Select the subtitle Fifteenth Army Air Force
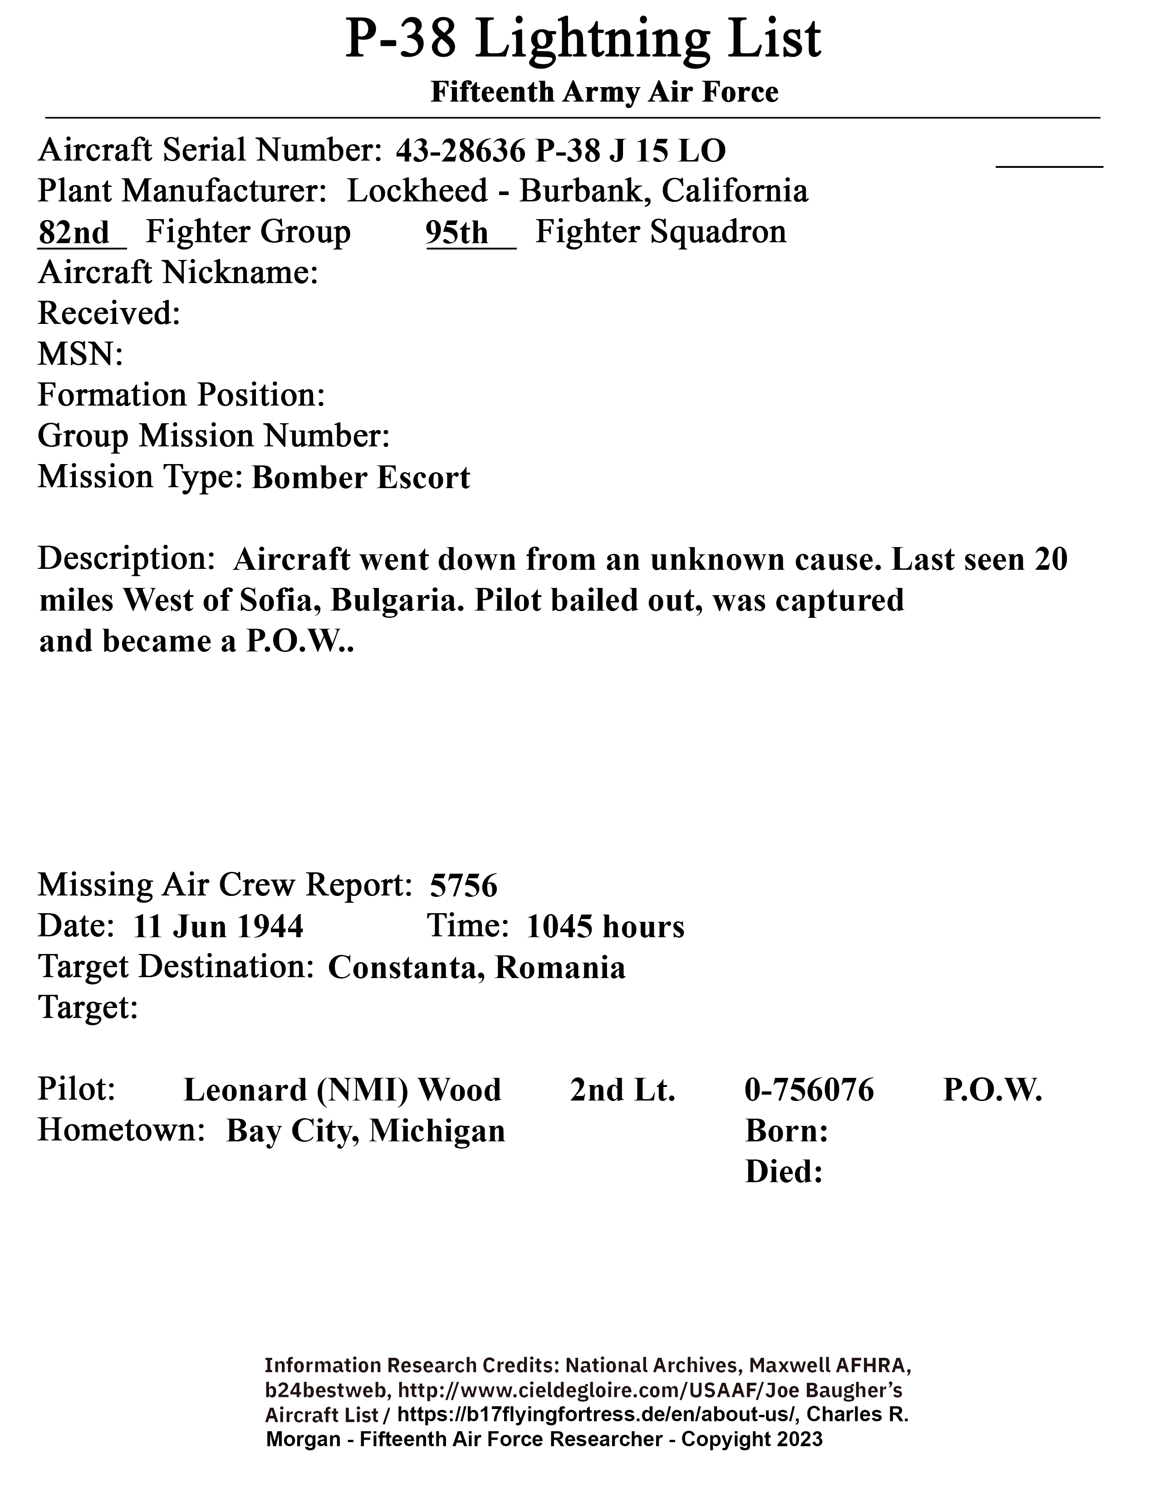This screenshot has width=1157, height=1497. tap(604, 93)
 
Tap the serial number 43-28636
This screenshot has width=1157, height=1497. tap(460, 151)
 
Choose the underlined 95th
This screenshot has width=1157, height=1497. tap(457, 233)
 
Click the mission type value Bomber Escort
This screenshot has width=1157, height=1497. tap(361, 478)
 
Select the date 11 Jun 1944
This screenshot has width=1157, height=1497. tap(218, 927)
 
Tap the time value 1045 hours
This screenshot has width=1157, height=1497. tap(605, 927)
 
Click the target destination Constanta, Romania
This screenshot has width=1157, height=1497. tap(476, 968)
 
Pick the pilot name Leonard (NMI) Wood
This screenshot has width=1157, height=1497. tap(342, 1090)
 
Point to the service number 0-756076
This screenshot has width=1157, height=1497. tap(809, 1090)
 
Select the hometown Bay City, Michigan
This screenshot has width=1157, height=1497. tap(365, 1131)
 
